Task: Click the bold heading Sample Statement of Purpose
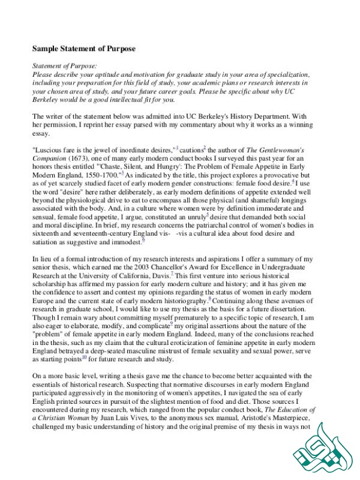pyautogui.click(x=84, y=48)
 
